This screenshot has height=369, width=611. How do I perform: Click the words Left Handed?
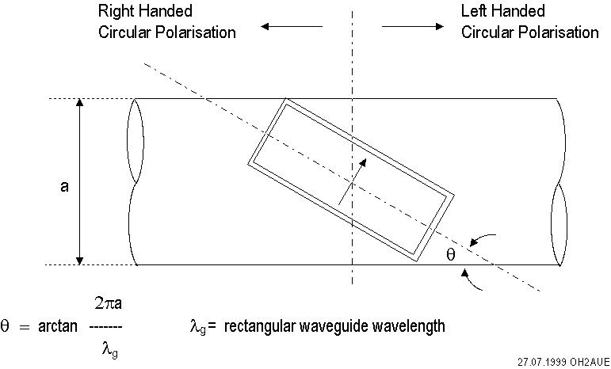(x=502, y=12)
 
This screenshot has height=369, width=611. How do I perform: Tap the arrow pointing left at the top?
(x=291, y=26)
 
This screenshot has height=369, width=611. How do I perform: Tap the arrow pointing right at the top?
(x=411, y=26)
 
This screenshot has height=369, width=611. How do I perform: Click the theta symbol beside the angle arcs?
(x=452, y=255)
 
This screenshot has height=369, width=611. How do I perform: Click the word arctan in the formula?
(x=56, y=325)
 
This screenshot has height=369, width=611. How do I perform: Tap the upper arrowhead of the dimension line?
(x=79, y=104)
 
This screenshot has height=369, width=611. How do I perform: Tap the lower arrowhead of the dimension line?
(x=79, y=259)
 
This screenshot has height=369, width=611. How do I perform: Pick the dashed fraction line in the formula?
(x=105, y=325)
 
